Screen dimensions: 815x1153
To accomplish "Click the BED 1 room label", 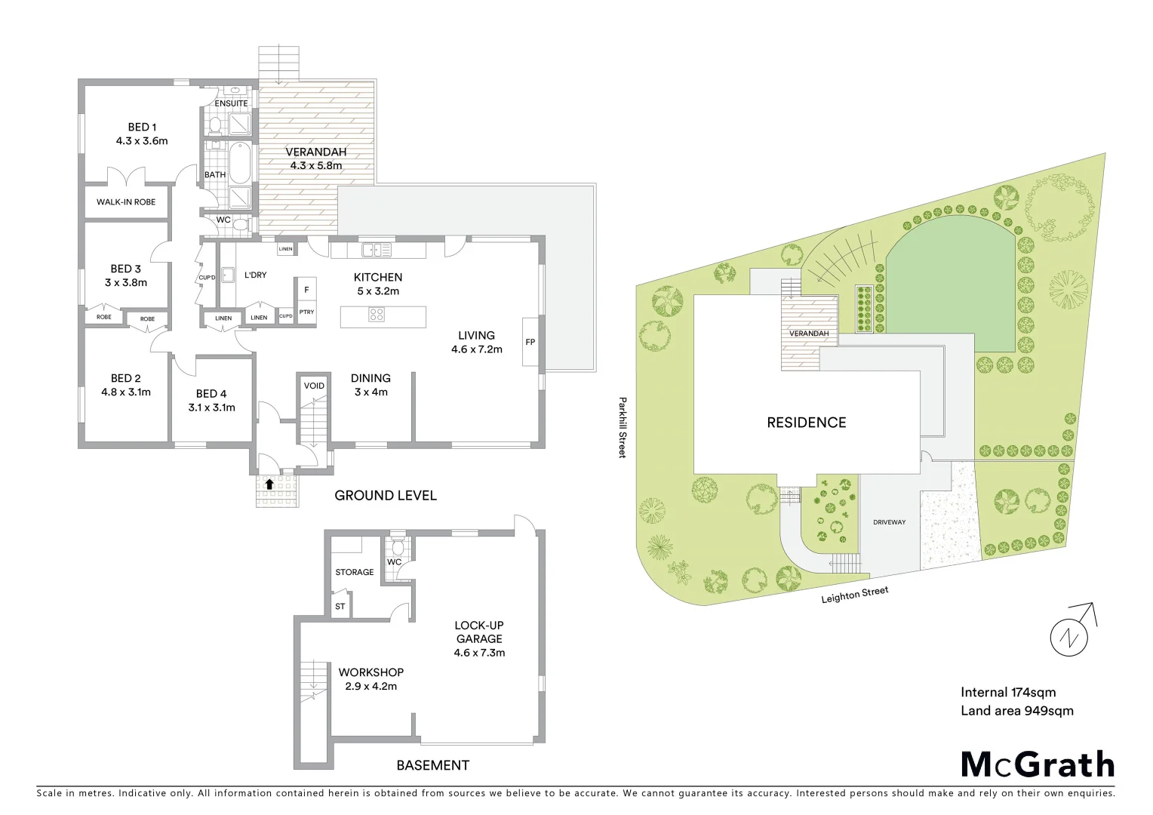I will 142,128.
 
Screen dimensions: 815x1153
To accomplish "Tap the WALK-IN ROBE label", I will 126,202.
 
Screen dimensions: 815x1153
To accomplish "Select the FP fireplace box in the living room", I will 530,342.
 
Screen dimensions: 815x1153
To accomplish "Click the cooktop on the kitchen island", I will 377,315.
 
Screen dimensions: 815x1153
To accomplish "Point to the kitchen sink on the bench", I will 376,249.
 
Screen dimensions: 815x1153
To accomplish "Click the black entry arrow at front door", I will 269,484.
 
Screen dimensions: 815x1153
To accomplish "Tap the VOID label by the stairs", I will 314,386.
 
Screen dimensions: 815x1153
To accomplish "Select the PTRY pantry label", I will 306,312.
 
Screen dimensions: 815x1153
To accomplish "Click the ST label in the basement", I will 340,606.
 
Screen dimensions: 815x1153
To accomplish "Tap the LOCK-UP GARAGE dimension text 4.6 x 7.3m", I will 479,653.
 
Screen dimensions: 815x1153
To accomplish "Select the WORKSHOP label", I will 370,672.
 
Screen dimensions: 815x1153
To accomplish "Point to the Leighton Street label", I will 855,595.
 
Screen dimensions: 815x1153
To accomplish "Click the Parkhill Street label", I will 623,427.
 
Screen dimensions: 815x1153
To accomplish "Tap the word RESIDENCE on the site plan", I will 806,423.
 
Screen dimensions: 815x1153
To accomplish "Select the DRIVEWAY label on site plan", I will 889,522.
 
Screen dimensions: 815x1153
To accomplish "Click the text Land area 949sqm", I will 1016,710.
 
